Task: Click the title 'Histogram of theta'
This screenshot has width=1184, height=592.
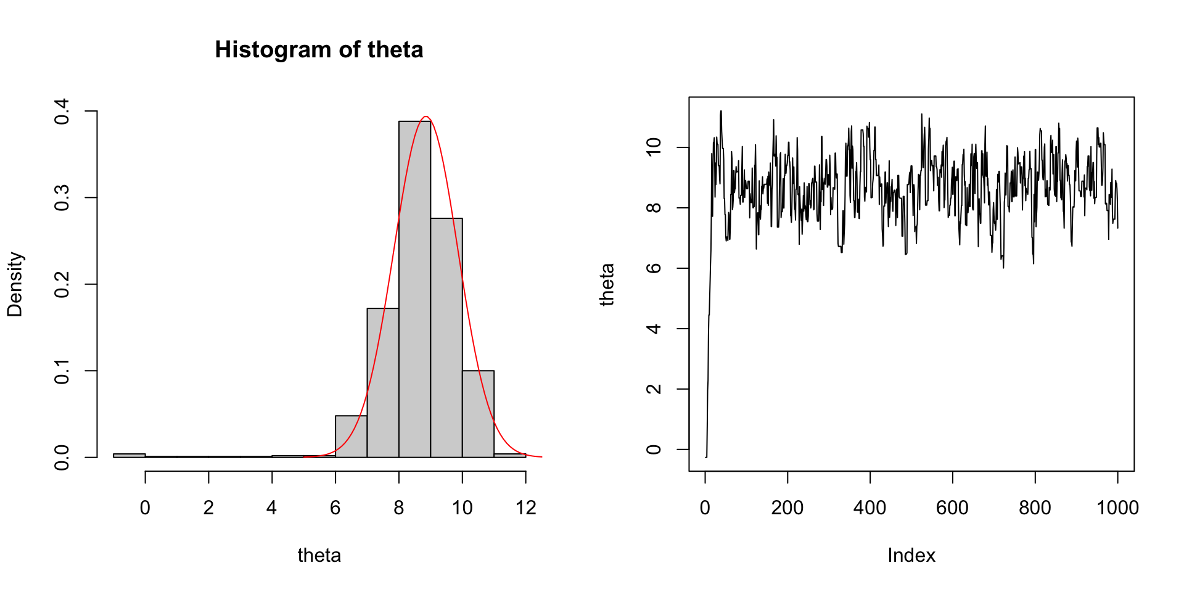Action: click(x=319, y=50)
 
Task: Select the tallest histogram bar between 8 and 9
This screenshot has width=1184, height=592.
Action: click(x=414, y=290)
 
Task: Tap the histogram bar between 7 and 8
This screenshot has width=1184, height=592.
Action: click(x=383, y=382)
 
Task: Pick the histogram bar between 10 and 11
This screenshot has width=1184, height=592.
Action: click(x=478, y=413)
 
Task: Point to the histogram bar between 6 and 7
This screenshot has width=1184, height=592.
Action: click(x=351, y=437)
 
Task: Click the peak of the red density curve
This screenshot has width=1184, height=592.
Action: click(x=425, y=117)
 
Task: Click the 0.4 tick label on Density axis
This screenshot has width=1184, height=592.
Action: click(x=62, y=112)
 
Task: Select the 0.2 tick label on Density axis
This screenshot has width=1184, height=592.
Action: click(x=62, y=284)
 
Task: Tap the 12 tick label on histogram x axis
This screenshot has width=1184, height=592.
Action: click(x=525, y=508)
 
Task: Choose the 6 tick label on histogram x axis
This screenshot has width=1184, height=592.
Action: click(x=335, y=508)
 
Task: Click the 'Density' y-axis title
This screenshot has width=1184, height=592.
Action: click(x=15, y=284)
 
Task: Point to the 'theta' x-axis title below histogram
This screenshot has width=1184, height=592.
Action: click(x=319, y=556)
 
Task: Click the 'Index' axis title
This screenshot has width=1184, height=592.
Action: click(x=911, y=556)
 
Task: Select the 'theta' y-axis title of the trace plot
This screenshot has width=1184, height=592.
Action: click(x=607, y=284)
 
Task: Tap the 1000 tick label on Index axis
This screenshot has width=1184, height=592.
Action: click(x=1117, y=508)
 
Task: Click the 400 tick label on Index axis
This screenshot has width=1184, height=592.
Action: click(x=869, y=508)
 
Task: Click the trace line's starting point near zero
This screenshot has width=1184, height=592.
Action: click(x=706, y=456)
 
